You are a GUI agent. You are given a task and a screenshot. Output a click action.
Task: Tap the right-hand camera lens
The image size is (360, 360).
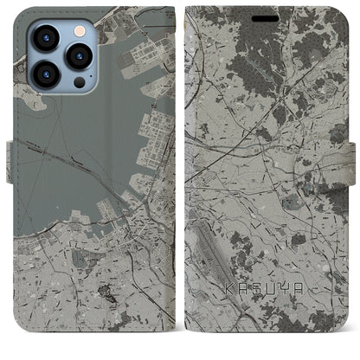tap(79, 56)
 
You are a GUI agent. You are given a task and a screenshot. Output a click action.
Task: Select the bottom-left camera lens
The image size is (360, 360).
tap(45, 74)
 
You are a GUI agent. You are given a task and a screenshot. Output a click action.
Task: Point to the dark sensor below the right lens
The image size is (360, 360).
tap(79, 83)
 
